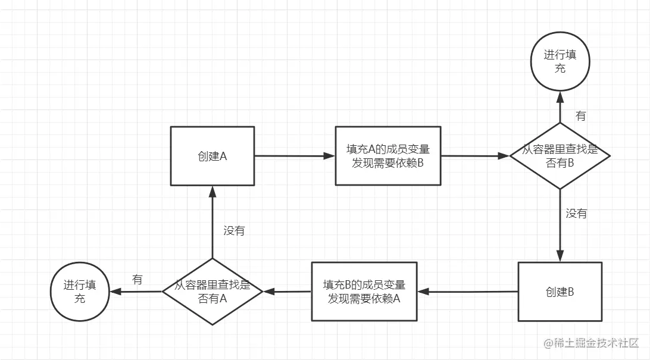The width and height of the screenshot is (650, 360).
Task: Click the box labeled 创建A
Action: coord(212,156)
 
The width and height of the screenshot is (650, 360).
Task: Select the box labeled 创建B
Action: coord(560,292)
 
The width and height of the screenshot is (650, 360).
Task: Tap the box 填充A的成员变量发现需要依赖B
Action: coord(387,156)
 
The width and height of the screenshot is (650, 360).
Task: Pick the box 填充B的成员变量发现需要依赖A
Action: coord(363,292)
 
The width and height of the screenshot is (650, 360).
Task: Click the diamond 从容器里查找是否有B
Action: coord(560,156)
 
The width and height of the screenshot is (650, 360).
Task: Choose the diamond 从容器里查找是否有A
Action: coord(212,292)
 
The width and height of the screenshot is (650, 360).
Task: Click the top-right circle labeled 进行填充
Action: coord(560,62)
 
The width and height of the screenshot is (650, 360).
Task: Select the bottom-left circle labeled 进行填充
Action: coord(79,292)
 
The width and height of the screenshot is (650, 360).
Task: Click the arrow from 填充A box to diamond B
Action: coord(475,156)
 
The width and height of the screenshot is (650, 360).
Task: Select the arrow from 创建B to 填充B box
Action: coord(467,292)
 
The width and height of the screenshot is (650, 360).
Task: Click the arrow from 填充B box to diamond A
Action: coord(287,292)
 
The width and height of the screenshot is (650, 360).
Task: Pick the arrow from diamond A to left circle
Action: coord(135,292)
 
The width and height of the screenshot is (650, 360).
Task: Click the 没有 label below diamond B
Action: coord(576,214)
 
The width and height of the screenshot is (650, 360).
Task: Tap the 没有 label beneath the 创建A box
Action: coord(234,231)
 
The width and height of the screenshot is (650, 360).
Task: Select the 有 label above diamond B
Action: coord(580,116)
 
